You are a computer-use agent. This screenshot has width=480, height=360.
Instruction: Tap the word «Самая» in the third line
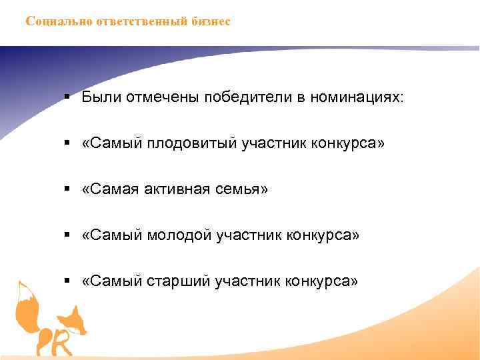coord(109,190)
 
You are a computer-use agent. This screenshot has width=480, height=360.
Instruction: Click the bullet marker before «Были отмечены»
coord(69,98)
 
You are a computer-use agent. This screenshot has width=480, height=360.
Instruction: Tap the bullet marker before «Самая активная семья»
coord(69,190)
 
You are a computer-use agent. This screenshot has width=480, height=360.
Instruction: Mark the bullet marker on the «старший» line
coord(69,282)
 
